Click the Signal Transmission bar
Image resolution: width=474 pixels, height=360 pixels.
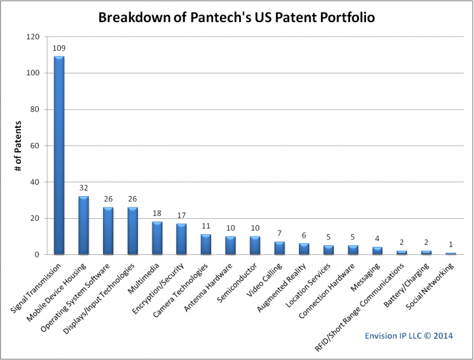[59, 156]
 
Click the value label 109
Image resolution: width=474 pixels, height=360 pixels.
[59, 47]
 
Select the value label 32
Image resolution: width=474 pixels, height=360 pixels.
[83, 188]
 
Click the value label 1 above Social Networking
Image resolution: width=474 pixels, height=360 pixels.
[451, 244]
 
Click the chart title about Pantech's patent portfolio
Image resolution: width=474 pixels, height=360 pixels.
[236, 17]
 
